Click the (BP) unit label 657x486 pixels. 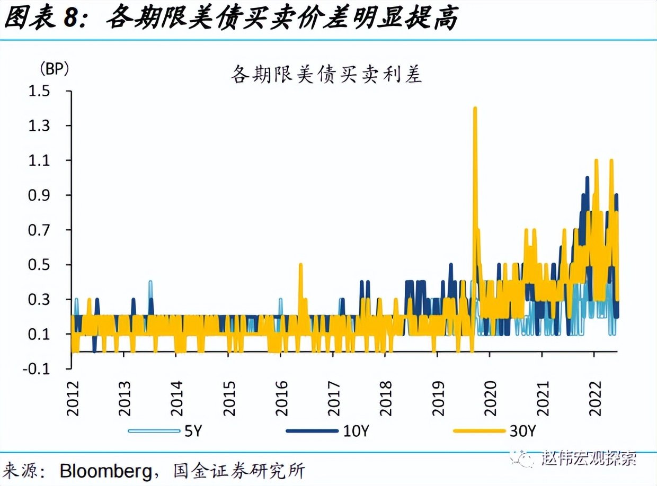tap(54, 69)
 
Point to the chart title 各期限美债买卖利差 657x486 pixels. tap(326, 74)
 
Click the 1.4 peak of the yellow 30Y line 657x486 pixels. tap(475, 109)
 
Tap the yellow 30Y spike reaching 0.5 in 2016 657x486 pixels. tap(300, 265)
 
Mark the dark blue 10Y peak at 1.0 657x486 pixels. tap(587, 178)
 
